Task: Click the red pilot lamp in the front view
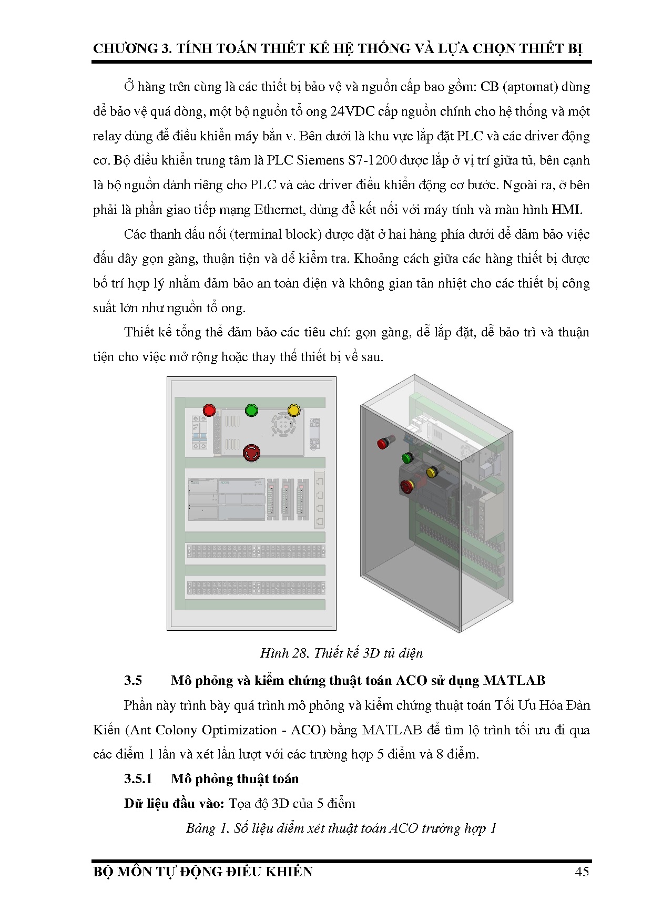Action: click(x=209, y=409)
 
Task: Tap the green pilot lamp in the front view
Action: click(x=251, y=410)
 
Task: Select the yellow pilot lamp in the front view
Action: click(x=293, y=410)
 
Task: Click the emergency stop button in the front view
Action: click(x=251, y=452)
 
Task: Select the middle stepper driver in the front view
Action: click(x=288, y=499)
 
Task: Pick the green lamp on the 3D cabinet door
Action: click(x=407, y=457)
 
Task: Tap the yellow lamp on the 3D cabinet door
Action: click(x=432, y=472)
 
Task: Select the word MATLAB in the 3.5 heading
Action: click(x=514, y=680)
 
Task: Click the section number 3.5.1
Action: click(x=138, y=778)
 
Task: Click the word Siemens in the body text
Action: click(x=319, y=160)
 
